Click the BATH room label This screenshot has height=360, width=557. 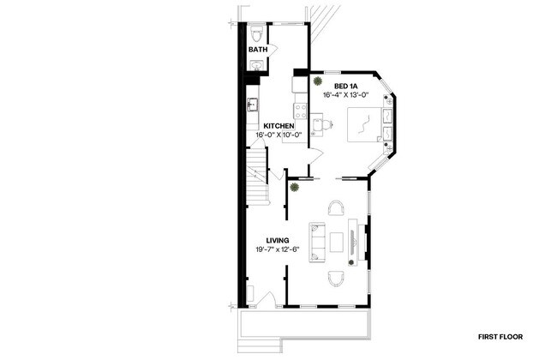[x=258, y=50]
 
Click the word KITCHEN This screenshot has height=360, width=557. [x=278, y=127]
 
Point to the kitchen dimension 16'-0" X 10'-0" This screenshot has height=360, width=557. [x=278, y=135]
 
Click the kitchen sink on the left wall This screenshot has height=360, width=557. [x=253, y=105]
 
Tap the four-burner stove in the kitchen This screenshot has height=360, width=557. [x=301, y=109]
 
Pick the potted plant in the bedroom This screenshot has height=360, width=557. [x=316, y=82]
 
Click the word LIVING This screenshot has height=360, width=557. [x=276, y=240]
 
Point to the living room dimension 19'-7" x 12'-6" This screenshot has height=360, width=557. [x=276, y=249]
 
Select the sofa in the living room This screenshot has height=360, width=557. [x=317, y=241]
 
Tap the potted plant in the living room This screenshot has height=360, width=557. [x=294, y=185]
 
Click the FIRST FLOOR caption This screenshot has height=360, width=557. [x=501, y=337]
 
